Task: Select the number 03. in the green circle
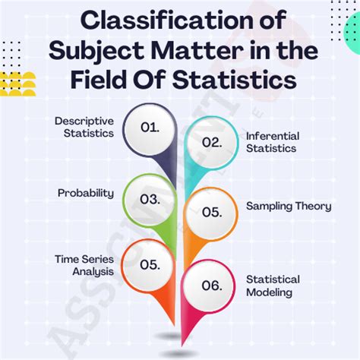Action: (x=150, y=200)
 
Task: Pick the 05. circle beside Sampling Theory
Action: (x=207, y=213)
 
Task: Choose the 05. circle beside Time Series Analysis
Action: (x=149, y=265)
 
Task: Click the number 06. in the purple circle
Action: (x=210, y=285)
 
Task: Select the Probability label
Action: (x=86, y=193)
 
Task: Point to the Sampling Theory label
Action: (x=288, y=207)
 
